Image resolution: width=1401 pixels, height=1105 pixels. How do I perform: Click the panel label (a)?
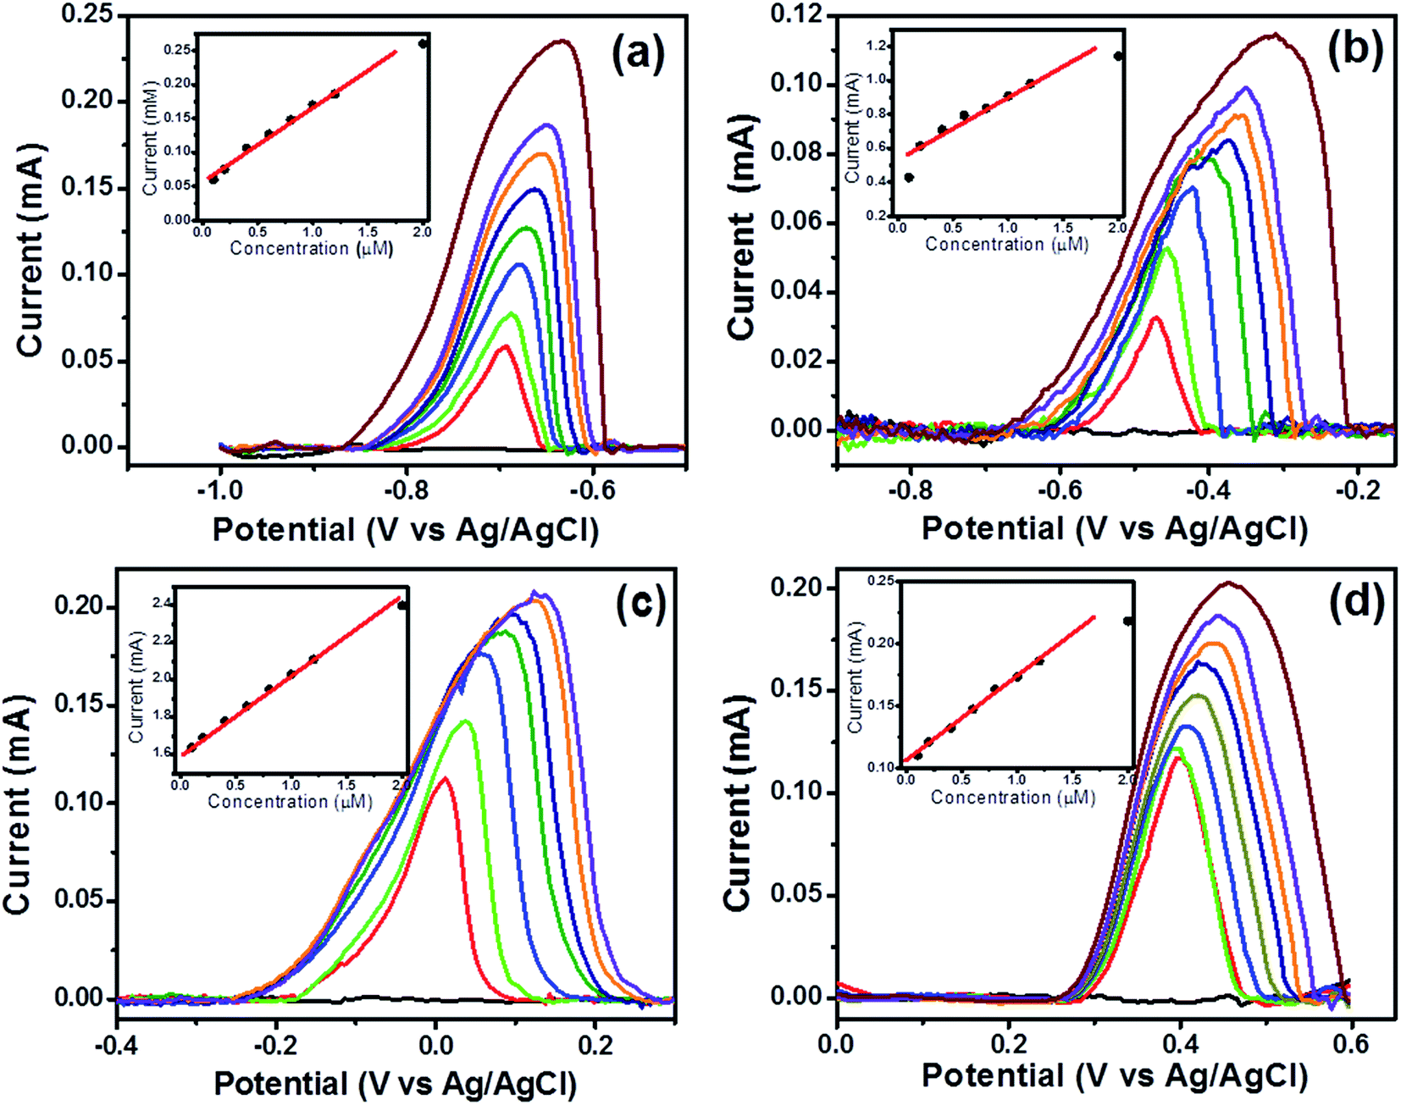tap(638, 54)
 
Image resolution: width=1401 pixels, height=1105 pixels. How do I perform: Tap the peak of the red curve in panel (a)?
tap(504, 345)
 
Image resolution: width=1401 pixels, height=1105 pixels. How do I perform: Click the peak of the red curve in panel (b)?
tap(1157, 318)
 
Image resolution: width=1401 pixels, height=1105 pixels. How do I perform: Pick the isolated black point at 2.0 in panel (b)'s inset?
tap(1119, 56)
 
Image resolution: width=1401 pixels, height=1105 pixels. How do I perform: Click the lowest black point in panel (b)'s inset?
tap(909, 178)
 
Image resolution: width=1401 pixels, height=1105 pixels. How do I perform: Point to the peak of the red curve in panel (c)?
tap(445, 777)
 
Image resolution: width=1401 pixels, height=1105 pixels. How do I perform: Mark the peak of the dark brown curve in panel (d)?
tap(1227, 583)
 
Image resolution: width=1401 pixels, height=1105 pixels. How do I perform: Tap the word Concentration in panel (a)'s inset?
tap(289, 248)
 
